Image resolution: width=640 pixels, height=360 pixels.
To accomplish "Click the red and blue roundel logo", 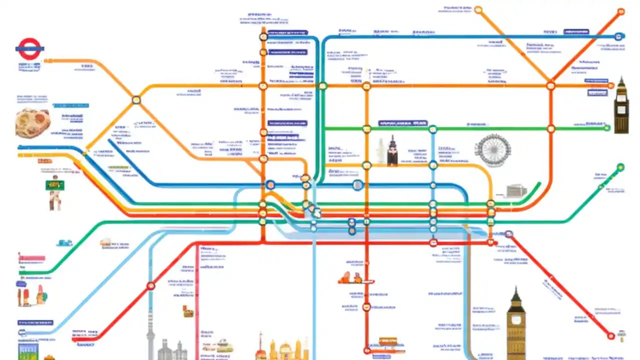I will (x=29, y=48).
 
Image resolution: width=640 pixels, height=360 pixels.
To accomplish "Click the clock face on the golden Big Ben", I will (x=516, y=318).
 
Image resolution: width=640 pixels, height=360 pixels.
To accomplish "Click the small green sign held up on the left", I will (x=54, y=185).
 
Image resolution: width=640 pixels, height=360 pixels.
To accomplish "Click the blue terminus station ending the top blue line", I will (x=619, y=36).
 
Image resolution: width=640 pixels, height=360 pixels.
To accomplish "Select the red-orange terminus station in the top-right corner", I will (x=621, y=11).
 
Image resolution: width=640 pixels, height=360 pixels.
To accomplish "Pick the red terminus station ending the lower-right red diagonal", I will (x=610, y=335).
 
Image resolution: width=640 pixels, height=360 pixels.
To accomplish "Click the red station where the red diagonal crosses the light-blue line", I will (x=150, y=286).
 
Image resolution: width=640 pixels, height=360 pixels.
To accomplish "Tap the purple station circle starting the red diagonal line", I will (x=509, y=234).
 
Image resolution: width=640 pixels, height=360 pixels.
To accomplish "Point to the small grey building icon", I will (x=516, y=191).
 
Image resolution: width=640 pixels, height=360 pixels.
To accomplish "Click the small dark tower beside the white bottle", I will (x=392, y=151).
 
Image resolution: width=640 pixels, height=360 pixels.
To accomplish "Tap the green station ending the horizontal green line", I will (x=606, y=128).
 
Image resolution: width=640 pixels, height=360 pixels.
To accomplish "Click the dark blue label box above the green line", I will (x=403, y=123).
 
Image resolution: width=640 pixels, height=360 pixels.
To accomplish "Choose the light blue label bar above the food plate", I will (x=70, y=105).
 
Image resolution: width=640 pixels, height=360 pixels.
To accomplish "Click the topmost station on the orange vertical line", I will (x=263, y=36).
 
